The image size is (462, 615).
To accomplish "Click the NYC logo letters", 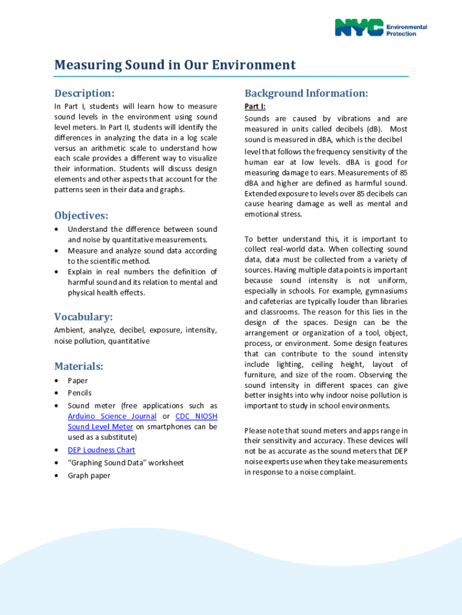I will click(x=359, y=28).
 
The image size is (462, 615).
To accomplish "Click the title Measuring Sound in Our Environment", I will click(x=175, y=65).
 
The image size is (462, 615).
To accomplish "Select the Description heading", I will click(x=84, y=94).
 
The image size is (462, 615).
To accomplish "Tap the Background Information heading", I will click(x=306, y=94).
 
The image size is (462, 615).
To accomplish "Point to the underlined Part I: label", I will click(x=255, y=106).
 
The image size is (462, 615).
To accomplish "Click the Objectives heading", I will click(x=82, y=216).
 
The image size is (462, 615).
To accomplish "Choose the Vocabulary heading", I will click(x=83, y=317).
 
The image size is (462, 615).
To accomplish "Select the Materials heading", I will click(x=79, y=366).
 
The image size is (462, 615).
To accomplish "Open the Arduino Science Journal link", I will click(x=112, y=416).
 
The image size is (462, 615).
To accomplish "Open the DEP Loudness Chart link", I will click(x=101, y=450).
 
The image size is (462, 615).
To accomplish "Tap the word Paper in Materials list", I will click(x=77, y=381).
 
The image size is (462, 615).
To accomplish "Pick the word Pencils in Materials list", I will click(x=80, y=393).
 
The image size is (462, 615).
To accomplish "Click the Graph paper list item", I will click(x=89, y=476).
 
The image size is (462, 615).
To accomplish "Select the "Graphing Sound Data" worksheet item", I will click(x=125, y=463).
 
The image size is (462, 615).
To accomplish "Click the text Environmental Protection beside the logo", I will click(x=406, y=30).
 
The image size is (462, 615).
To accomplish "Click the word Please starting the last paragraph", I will click(x=256, y=431).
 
